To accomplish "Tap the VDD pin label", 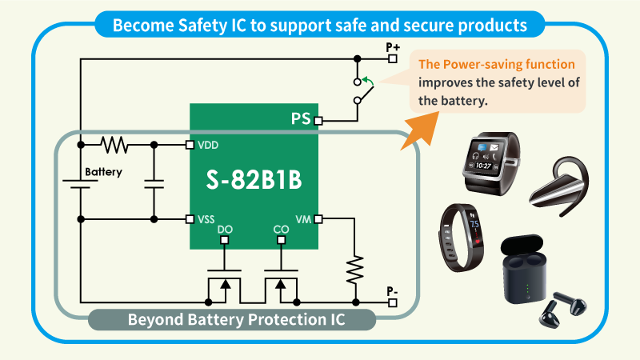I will click(x=210, y=145).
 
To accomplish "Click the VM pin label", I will click(x=303, y=218).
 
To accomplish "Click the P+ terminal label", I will click(x=393, y=47).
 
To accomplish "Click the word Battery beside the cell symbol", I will click(x=104, y=172).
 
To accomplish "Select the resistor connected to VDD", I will click(x=115, y=145).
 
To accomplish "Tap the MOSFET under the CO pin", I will click(x=280, y=286).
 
